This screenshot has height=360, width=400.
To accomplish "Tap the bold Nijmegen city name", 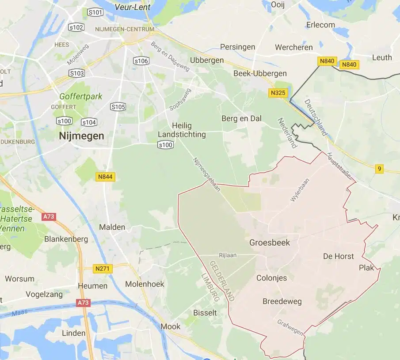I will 82,136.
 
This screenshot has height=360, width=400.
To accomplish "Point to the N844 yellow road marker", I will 105,177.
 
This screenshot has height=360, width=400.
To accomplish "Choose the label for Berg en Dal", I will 241,118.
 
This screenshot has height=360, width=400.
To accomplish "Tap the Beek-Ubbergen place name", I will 260,73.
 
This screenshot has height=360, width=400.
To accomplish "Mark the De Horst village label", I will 339,256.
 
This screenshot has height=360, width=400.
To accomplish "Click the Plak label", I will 366,268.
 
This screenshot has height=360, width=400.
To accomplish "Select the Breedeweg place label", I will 282,301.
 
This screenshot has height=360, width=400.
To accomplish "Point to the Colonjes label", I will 271,278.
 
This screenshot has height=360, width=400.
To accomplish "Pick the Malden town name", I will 112,227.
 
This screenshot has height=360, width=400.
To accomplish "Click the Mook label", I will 171,326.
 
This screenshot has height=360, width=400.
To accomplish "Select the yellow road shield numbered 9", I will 379,169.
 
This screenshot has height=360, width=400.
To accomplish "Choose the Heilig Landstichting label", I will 182,130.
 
